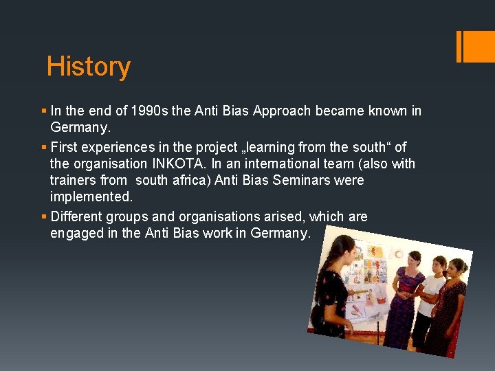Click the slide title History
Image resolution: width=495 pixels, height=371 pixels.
[x=88, y=67]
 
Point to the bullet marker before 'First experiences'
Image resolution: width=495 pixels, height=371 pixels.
[x=44, y=147]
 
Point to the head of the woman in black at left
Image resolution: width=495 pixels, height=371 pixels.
[x=342, y=249]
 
